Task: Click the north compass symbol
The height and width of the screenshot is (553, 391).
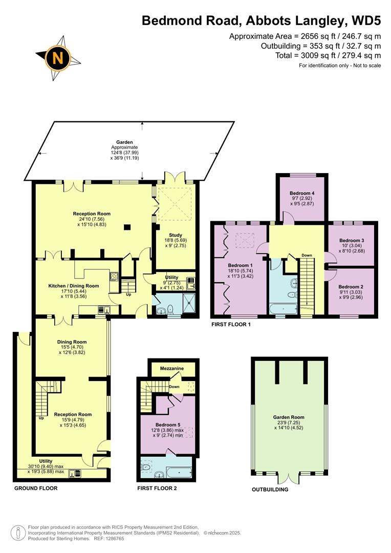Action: coord(58,57)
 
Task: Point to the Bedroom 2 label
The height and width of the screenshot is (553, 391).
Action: coord(351,286)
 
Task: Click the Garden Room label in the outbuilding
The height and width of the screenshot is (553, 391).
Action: coord(289,417)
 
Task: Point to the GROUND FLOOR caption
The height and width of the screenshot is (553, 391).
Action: coord(36,488)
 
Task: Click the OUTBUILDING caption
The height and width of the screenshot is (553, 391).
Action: coord(270,490)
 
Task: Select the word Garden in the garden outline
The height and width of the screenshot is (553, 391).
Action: coord(124,142)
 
